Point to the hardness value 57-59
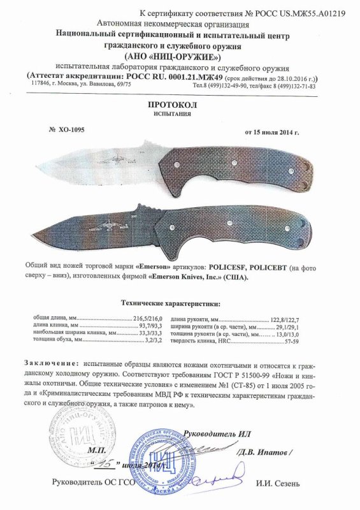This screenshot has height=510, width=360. (x=292, y=342)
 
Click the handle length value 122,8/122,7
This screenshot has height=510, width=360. (x=285, y=317)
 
